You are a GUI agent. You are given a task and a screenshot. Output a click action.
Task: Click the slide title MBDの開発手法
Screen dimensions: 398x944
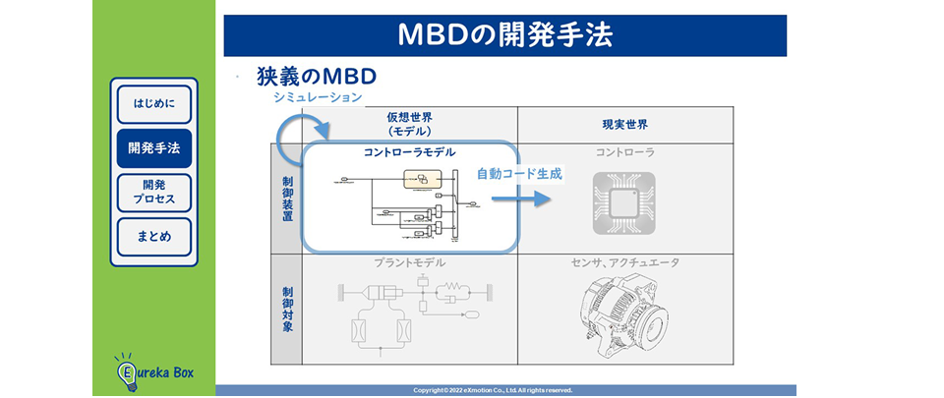point(504,35)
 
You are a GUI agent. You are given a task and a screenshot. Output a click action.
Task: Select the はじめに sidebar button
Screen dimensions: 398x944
point(153,104)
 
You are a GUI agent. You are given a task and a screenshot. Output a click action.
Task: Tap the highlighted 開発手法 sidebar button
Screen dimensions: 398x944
point(153,148)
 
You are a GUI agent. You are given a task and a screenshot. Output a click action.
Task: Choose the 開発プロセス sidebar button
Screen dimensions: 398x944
point(153,193)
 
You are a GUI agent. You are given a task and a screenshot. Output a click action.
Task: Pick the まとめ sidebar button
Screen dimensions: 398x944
point(153,237)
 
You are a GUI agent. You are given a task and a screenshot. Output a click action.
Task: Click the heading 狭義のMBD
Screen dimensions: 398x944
point(317,77)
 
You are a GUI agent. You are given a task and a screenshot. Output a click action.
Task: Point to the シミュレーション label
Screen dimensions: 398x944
point(318,98)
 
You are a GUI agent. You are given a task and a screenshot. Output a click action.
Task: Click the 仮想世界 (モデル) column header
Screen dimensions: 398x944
point(408,124)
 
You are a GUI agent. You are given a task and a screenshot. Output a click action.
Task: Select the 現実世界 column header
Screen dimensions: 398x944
point(624,125)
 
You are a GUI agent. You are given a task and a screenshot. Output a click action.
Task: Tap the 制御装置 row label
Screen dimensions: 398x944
point(286,198)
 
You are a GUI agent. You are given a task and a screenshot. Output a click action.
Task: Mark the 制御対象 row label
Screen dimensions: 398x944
point(286,310)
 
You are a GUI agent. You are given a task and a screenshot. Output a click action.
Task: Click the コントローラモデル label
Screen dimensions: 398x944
point(409,153)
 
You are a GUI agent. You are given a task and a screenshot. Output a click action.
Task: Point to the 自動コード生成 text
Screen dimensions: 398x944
point(519,174)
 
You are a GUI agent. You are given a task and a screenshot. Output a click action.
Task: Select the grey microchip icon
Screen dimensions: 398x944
point(623,202)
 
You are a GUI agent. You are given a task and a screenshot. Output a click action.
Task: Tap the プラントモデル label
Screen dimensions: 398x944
point(409,263)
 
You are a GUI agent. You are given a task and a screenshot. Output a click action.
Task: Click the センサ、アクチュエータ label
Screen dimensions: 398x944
point(624,263)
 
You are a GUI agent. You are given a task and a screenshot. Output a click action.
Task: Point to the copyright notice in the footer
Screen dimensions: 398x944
point(505,390)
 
